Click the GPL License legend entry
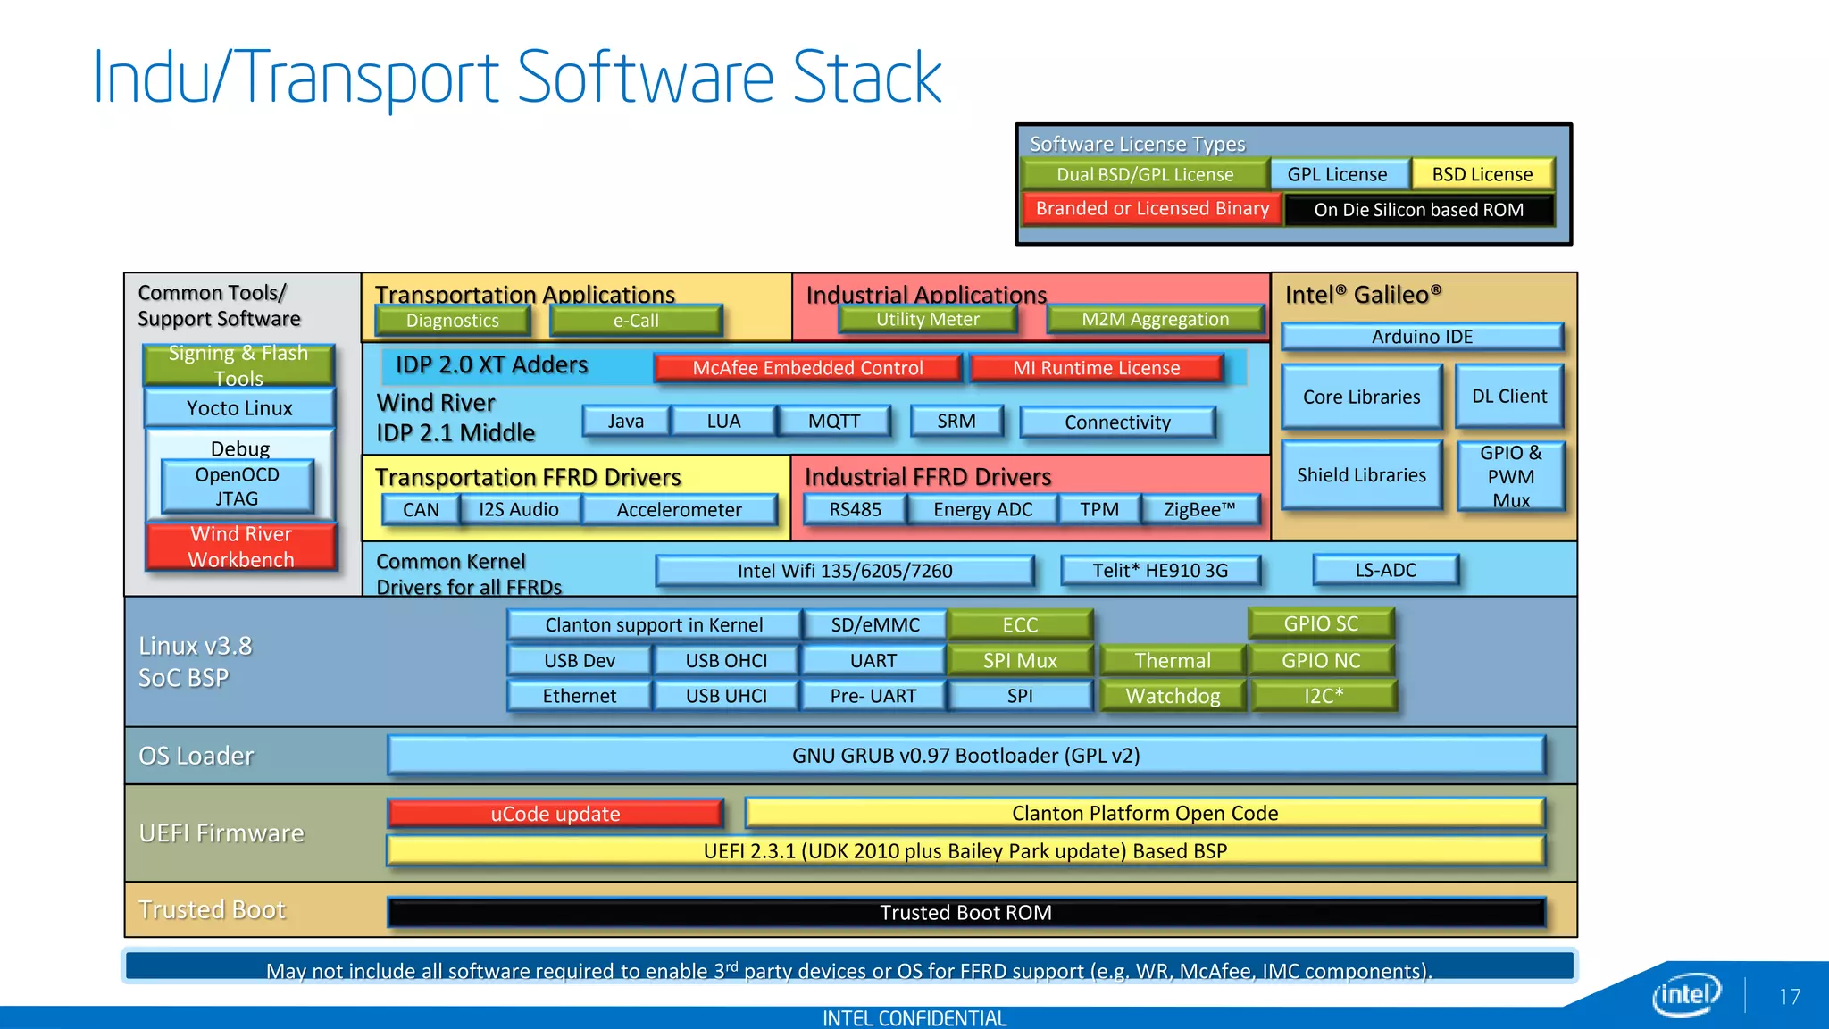pos(1337,174)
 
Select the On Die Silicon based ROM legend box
pos(1418,210)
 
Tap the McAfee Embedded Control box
pos(807,368)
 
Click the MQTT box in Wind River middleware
pos(834,421)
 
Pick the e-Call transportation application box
pos(636,321)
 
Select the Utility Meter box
pos(927,319)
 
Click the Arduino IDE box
pos(1422,337)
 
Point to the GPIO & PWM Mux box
pos(1510,476)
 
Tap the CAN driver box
pos(421,509)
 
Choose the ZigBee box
pos(1199,509)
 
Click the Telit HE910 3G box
pos(1160,570)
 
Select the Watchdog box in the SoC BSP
pos(1173,696)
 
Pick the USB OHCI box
pos(726,660)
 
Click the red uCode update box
pos(555,814)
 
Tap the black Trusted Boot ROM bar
pos(965,913)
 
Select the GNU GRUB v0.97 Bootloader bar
pos(965,756)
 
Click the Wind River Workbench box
pos(241,547)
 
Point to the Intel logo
pos(1686,994)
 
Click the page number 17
pos(1790,997)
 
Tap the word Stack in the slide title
pos(866,79)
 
